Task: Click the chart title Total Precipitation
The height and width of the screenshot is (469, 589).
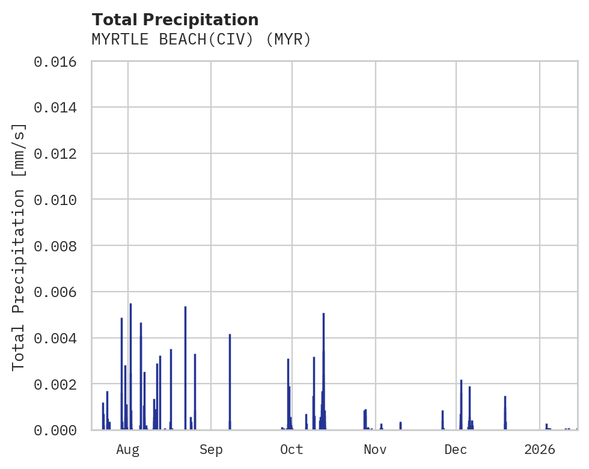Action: tap(175, 20)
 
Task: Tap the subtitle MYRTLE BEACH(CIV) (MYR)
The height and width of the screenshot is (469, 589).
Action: tap(201, 40)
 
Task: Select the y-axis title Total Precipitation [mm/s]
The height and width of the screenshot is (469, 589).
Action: tap(19, 246)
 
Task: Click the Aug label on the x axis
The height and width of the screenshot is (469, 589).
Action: tap(128, 449)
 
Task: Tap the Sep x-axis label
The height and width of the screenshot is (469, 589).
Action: tap(211, 449)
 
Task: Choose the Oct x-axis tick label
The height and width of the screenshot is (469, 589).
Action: tap(292, 449)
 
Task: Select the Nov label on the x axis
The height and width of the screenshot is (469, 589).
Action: tap(375, 449)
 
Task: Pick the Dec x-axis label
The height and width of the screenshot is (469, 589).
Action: tap(456, 449)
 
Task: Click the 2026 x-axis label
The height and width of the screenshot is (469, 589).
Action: tap(540, 449)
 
